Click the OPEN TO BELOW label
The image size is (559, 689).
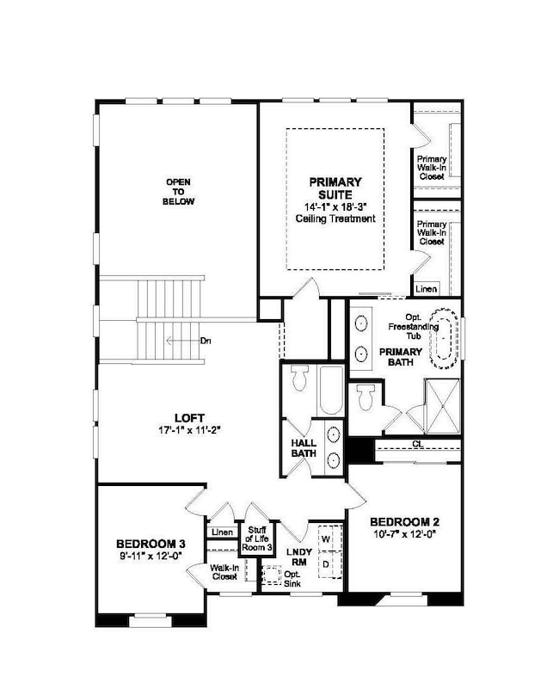[x=179, y=192]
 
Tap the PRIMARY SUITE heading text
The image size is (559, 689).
[x=335, y=188]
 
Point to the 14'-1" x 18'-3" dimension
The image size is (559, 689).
[x=335, y=206]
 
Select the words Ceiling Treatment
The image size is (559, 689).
[x=335, y=218]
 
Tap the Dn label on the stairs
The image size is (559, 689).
[x=206, y=341]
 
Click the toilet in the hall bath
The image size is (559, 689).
[x=299, y=377]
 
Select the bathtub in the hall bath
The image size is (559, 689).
[x=331, y=390]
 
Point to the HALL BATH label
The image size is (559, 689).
[x=304, y=447]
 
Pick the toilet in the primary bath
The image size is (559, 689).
[x=365, y=397]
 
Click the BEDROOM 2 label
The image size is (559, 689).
[x=405, y=522]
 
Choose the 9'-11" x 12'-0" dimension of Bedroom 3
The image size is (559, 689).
[x=151, y=556]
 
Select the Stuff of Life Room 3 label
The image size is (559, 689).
[x=256, y=539]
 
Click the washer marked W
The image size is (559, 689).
[x=326, y=539]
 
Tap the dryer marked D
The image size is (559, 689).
[x=326, y=563]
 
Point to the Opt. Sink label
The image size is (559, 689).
[x=293, y=578]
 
